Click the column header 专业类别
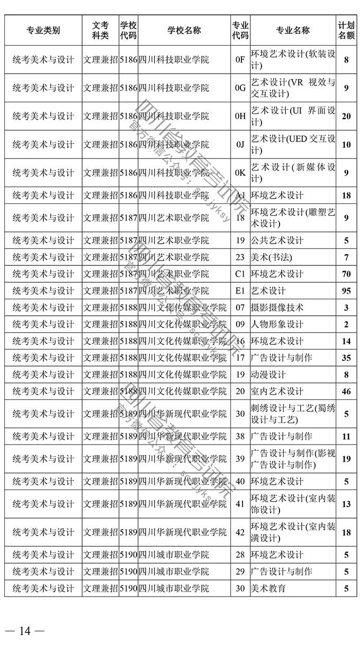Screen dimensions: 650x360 pyautogui.click(x=43, y=31)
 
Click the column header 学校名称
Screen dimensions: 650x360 pyautogui.click(x=184, y=31)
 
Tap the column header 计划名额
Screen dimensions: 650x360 pyautogui.click(x=346, y=31)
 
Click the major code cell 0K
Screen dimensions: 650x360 pyautogui.click(x=240, y=173)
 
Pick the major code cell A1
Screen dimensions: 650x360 pyautogui.click(x=240, y=195)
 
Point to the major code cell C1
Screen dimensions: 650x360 pyautogui.click(x=240, y=274)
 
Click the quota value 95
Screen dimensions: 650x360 pyautogui.click(x=346, y=291)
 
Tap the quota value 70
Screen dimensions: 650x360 pyautogui.click(x=346, y=274)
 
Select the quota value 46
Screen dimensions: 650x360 pyautogui.click(x=346, y=391)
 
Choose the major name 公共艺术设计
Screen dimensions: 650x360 pyautogui.click(x=277, y=241)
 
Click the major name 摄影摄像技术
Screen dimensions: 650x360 pyautogui.click(x=277, y=308)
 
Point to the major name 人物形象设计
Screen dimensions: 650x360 pyautogui.click(x=277, y=324)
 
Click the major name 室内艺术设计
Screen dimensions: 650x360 pyautogui.click(x=277, y=391)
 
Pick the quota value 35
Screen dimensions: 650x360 pyautogui.click(x=346, y=358)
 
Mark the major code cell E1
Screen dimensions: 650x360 pyautogui.click(x=240, y=291)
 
